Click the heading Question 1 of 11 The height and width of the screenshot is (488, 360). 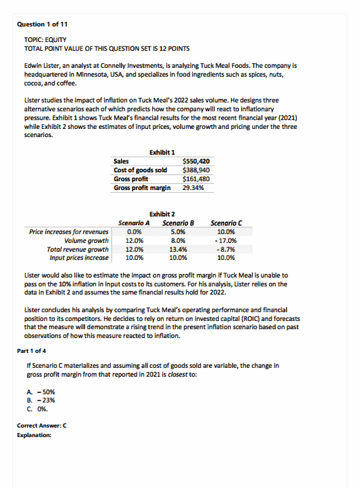[x=41, y=24]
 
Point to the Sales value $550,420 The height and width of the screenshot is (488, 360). [x=196, y=161]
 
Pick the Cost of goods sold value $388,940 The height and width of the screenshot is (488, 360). [x=196, y=170]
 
